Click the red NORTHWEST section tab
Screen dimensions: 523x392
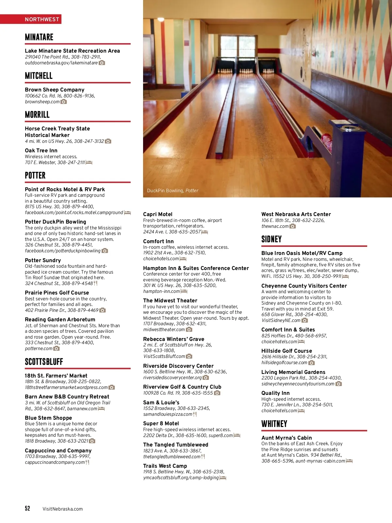tap(42, 19)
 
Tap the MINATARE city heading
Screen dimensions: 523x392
tap(39, 37)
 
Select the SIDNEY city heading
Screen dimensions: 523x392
tap(271, 239)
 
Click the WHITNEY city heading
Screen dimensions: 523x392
tap(274, 424)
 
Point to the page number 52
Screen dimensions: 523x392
tap(27, 508)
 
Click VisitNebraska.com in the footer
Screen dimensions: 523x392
tap(62, 509)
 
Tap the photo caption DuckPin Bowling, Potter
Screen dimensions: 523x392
tap(172, 191)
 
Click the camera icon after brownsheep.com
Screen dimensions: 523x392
tap(64, 102)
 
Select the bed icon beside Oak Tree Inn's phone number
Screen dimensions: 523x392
tap(89, 162)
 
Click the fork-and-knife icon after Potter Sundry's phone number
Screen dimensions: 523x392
tap(95, 283)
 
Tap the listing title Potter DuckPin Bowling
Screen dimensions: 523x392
tap(55, 222)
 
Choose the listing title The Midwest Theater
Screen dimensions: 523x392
tap(170, 300)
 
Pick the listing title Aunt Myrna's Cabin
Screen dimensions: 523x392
tap(286, 438)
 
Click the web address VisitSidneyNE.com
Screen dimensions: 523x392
tap(281, 320)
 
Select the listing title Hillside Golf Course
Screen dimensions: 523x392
tap(286, 351)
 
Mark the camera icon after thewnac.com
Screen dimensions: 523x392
tap(293, 226)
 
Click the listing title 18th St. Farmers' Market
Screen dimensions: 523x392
tap(56, 376)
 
